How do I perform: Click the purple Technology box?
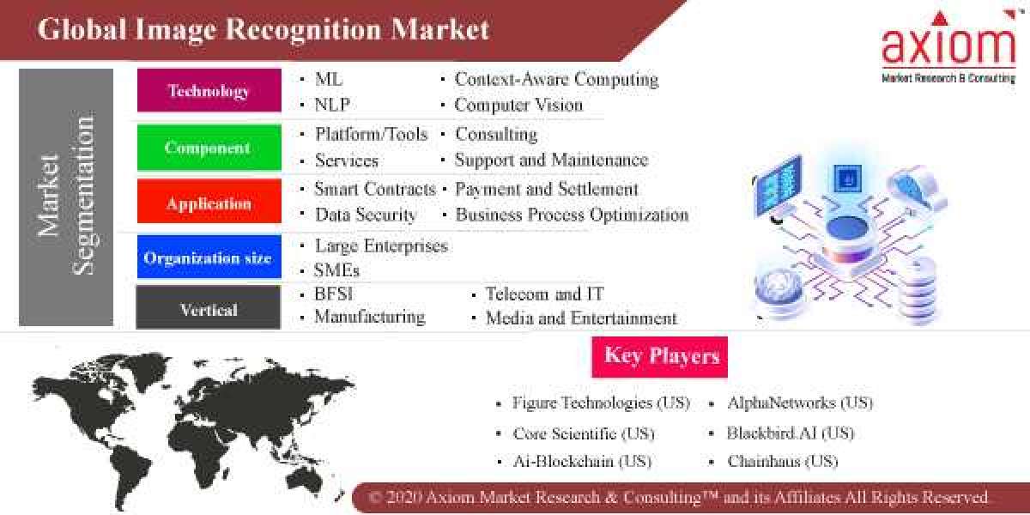[x=209, y=91]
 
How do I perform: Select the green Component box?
[x=209, y=148]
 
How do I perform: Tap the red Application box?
[x=209, y=203]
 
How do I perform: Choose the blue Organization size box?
[x=209, y=257]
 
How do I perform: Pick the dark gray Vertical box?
[x=209, y=309]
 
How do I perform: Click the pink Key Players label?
[x=660, y=356]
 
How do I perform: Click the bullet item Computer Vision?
[x=518, y=106]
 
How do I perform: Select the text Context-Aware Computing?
[x=556, y=80]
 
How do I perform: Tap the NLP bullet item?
[x=332, y=106]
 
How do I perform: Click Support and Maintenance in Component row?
[x=551, y=161]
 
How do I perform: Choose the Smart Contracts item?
[x=375, y=189]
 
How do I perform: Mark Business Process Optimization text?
[x=572, y=215]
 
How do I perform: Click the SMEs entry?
[x=336, y=270]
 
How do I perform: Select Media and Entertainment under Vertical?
[x=581, y=318]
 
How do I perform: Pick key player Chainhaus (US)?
[x=782, y=462]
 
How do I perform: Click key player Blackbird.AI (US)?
[x=791, y=433]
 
